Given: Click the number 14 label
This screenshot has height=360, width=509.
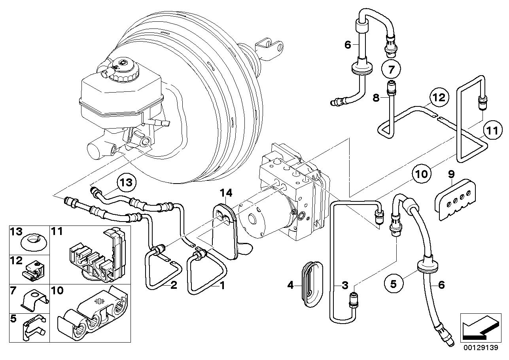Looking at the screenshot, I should [226, 193].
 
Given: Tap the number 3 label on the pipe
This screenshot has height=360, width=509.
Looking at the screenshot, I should [344, 285].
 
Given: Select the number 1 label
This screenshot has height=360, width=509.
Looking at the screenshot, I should [222, 285].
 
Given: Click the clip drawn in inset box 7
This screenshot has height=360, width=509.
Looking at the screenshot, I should [35, 300].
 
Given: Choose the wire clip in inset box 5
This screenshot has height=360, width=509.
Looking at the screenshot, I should [34, 328].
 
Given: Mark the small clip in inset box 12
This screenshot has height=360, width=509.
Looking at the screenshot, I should [33, 270].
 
